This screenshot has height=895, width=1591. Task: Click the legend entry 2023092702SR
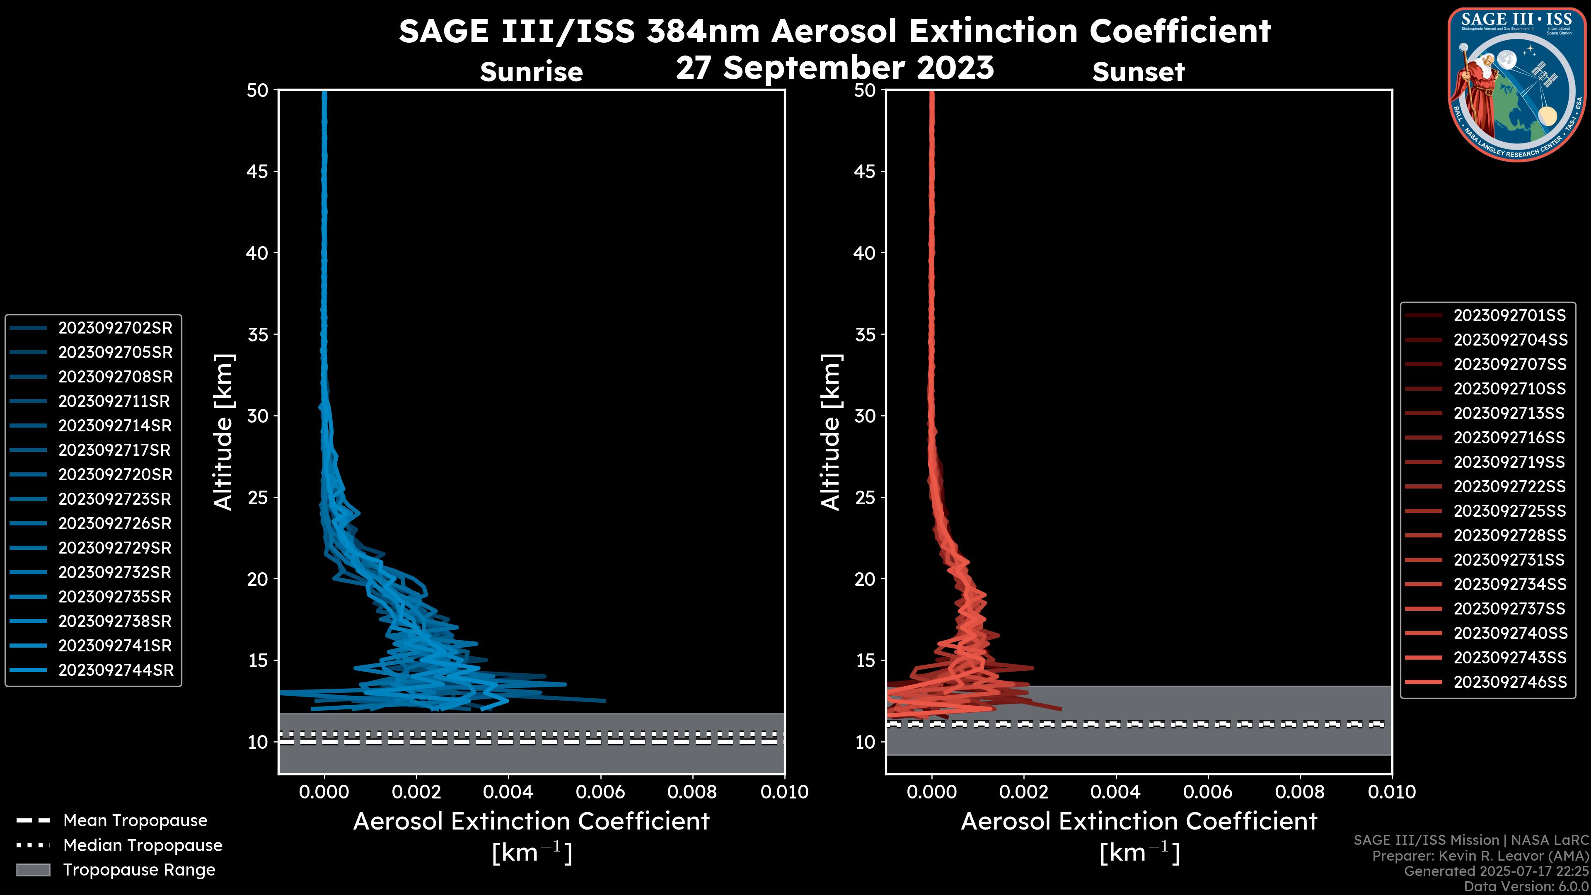point(115,328)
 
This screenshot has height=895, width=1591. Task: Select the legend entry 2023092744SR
point(116,670)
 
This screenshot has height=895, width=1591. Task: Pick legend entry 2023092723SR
point(115,499)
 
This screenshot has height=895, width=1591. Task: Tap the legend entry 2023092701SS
point(1509,316)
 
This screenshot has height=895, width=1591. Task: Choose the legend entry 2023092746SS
point(1510,682)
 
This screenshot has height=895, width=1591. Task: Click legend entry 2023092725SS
point(1509,511)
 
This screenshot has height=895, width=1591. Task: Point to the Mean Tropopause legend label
point(135,820)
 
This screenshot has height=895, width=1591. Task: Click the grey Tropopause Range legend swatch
point(33,870)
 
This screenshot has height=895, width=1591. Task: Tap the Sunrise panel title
point(531,72)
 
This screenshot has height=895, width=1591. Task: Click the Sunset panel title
point(1138,72)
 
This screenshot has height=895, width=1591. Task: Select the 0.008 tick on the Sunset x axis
point(1299,792)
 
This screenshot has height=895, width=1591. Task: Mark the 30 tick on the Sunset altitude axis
point(865,416)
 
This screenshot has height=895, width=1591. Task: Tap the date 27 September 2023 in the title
point(834,67)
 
